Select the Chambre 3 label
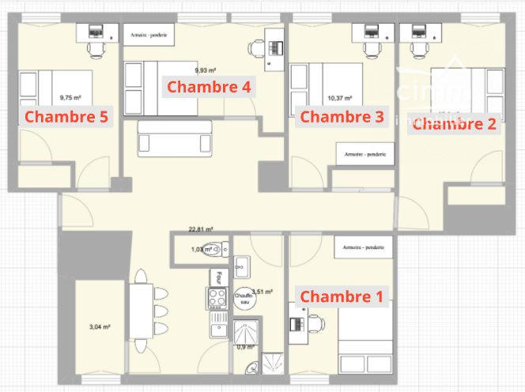coord(342,117)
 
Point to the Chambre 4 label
coord(210,87)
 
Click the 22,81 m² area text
coord(201,232)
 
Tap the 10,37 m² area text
coord(339,99)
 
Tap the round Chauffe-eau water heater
coord(244,299)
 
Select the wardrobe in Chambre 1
coord(363,247)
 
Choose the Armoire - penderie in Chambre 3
coord(364,154)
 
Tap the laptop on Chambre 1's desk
coord(296,325)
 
